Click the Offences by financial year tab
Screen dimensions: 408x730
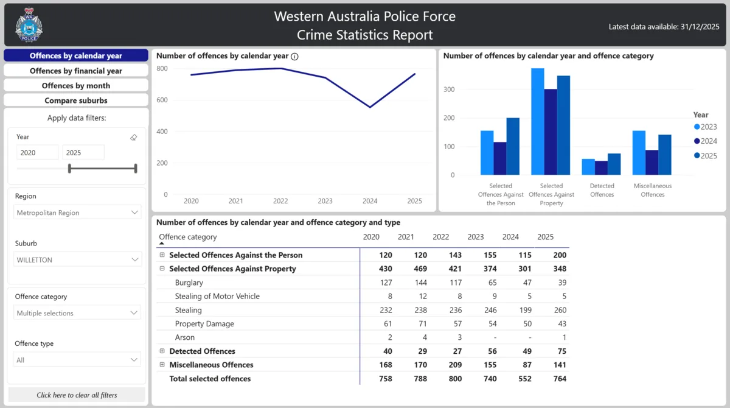pyautogui.click(x=76, y=71)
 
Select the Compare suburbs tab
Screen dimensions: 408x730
pyautogui.click(x=76, y=100)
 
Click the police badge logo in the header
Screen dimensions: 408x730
pyautogui.click(x=29, y=25)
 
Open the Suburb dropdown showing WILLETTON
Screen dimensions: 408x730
pyautogui.click(x=77, y=260)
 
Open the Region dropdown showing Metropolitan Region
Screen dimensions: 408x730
pyautogui.click(x=77, y=213)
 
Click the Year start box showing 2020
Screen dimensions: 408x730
pyautogui.click(x=37, y=153)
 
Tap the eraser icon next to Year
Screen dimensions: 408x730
pyautogui.click(x=134, y=138)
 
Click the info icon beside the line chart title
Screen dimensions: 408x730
pyautogui.click(x=294, y=57)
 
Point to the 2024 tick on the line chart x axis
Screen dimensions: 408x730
pyautogui.click(x=370, y=201)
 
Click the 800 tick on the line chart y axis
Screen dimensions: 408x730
pyautogui.click(x=161, y=68)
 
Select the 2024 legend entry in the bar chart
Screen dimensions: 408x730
pyautogui.click(x=705, y=141)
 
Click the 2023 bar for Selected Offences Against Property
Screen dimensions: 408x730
pyautogui.click(x=537, y=121)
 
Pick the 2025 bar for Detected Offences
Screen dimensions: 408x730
pyautogui.click(x=614, y=164)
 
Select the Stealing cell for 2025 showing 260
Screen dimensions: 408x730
pyautogui.click(x=560, y=310)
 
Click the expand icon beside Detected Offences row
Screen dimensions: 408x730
pyautogui.click(x=162, y=351)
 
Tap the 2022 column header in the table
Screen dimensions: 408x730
pyautogui.click(x=440, y=237)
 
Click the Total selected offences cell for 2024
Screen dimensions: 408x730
pyautogui.click(x=511, y=379)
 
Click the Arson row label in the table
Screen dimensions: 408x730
pyautogui.click(x=185, y=337)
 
